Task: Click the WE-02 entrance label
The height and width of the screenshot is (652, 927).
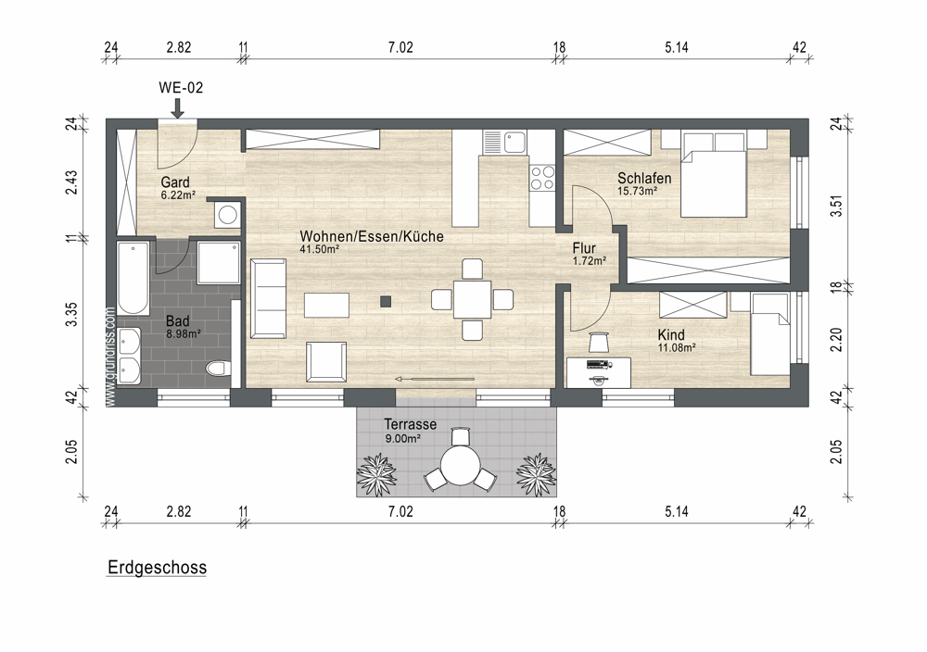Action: (x=181, y=87)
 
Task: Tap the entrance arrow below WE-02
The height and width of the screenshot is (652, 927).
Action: (x=177, y=107)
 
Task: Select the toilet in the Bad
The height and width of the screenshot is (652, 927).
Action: (x=218, y=368)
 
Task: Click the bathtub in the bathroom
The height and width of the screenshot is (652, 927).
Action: (x=133, y=278)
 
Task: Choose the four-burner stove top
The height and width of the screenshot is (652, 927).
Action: (x=542, y=178)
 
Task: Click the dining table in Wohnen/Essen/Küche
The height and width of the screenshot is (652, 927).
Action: (x=473, y=299)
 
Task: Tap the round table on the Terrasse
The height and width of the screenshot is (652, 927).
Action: (x=461, y=465)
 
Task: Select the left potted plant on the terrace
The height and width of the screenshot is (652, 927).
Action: (x=376, y=470)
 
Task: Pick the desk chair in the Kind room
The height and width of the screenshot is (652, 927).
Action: (x=598, y=342)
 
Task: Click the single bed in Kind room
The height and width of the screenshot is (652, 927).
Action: (x=770, y=334)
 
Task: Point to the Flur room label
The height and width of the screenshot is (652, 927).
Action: (x=584, y=248)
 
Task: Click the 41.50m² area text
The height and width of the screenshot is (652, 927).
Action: (x=319, y=249)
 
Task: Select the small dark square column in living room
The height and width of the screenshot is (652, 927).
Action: (x=386, y=302)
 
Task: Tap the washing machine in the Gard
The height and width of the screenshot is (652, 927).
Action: (x=228, y=214)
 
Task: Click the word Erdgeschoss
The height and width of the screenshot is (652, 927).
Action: (x=158, y=568)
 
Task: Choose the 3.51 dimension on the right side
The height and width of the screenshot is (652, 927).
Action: (x=836, y=206)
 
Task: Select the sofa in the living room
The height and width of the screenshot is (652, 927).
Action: (x=269, y=299)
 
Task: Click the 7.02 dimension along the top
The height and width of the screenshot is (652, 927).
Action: (x=400, y=47)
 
